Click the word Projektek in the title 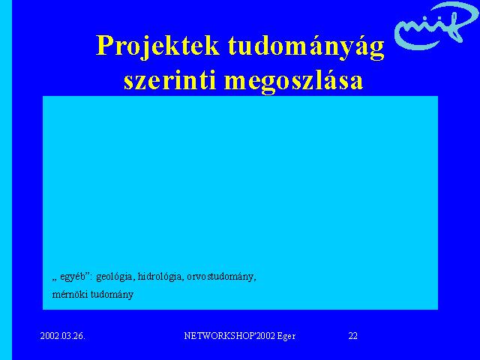tap(157, 46)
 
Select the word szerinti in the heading tap(170, 80)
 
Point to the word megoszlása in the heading tap(294, 81)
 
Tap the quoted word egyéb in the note tap(73, 277)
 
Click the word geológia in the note tap(115, 277)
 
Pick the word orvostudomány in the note tap(221, 277)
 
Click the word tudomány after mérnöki tap(112, 295)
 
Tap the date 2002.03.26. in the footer tap(63, 336)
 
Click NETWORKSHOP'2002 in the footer tap(229, 336)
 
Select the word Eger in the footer tap(286, 337)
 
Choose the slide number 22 tap(352, 336)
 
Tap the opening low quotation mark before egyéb tap(55, 280)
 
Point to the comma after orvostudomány tap(255, 280)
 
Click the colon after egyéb tap(91, 277)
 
